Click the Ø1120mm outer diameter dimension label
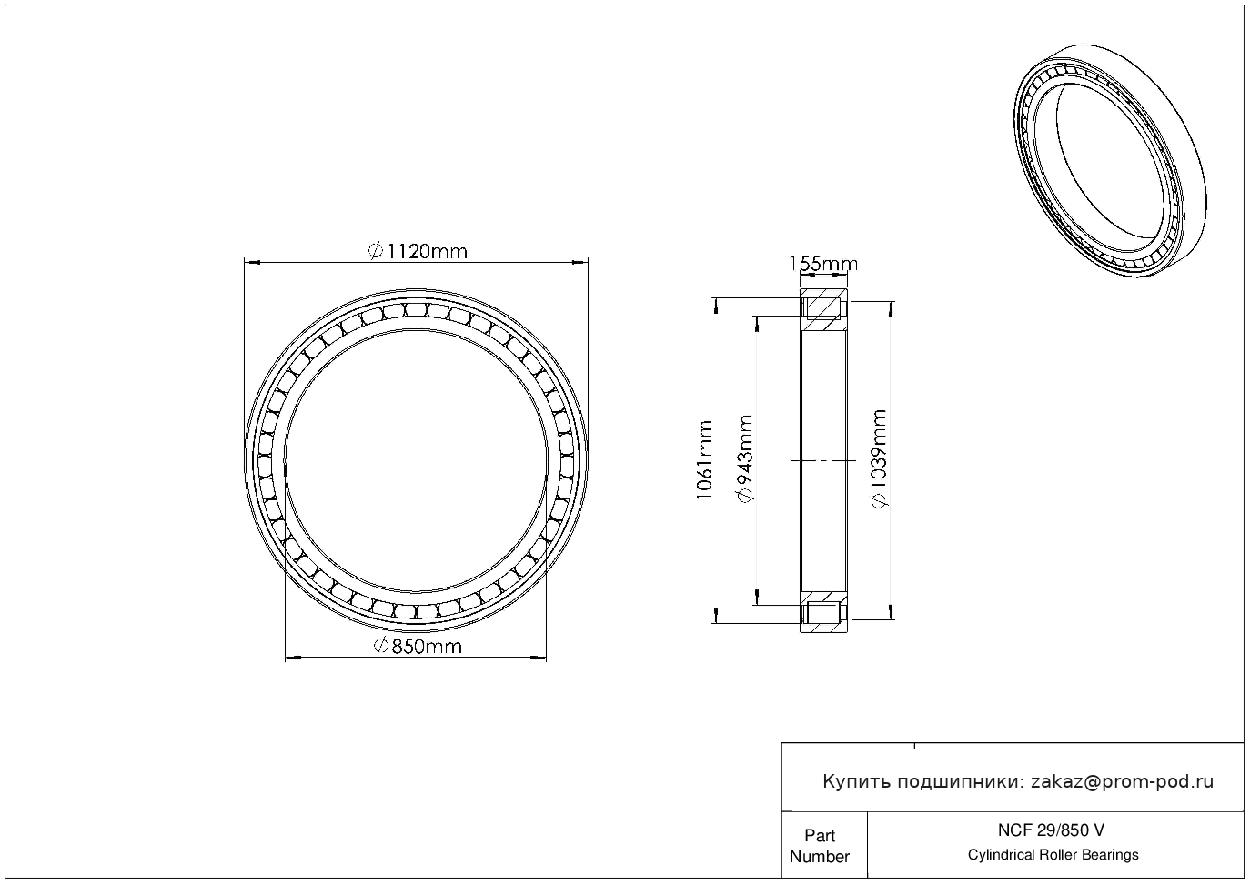[x=418, y=251]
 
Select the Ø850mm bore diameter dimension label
[x=418, y=646]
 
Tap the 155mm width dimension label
[x=823, y=264]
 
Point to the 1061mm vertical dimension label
[x=705, y=460]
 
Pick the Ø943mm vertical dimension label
[x=745, y=458]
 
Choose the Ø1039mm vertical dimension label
[x=879, y=458]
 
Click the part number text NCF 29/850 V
[x=1051, y=830]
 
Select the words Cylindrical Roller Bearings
[x=1053, y=854]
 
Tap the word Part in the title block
[x=820, y=835]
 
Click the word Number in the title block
[x=819, y=857]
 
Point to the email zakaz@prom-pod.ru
[x=1123, y=782]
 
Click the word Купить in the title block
[x=856, y=782]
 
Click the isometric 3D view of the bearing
[x=1110, y=161]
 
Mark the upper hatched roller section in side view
[x=823, y=308]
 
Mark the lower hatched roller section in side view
[x=823, y=612]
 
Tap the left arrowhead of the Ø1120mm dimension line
[x=252, y=262]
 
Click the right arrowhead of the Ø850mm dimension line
[x=539, y=658]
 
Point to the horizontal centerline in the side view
[x=823, y=460]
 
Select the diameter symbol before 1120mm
[x=376, y=251]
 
